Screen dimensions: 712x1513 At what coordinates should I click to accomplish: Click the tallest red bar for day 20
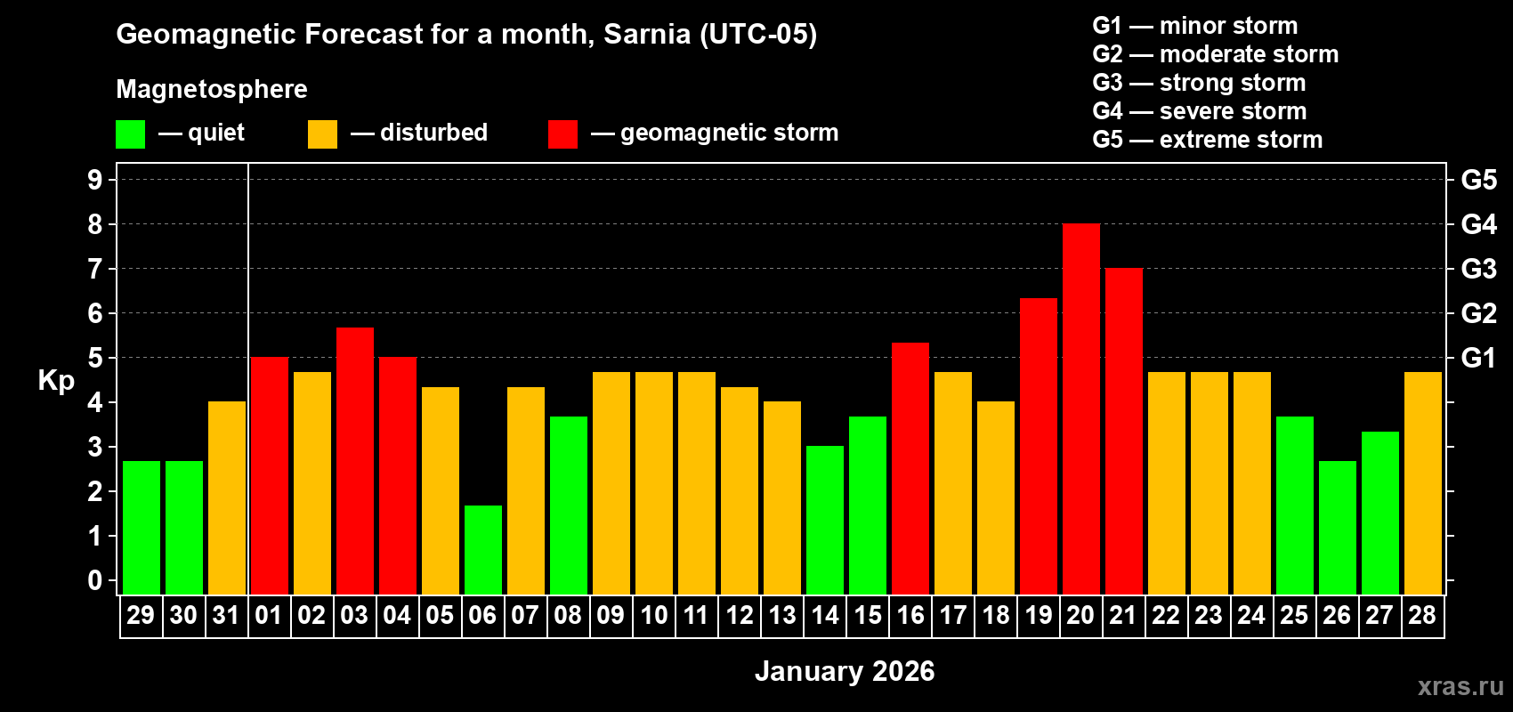click(1080, 409)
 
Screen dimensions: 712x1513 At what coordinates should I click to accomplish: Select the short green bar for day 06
click(482, 549)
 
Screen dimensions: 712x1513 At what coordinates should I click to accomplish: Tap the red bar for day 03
click(354, 460)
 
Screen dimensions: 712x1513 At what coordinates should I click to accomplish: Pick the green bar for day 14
click(824, 520)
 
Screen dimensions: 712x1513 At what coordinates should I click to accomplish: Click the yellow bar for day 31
click(226, 498)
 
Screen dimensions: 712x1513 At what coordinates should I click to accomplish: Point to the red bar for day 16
click(910, 468)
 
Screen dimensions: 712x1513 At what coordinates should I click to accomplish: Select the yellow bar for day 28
click(1422, 482)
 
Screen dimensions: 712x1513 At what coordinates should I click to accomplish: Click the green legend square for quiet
click(130, 134)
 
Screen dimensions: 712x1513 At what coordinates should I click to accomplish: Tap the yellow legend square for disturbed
click(322, 134)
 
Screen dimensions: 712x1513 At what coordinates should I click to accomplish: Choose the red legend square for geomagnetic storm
click(562, 134)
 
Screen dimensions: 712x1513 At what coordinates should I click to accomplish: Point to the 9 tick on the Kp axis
click(95, 180)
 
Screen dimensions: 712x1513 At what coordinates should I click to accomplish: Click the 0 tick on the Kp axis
click(95, 581)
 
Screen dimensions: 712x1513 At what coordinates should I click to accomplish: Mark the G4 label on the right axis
click(1478, 224)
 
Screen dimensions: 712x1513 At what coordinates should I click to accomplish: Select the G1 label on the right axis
click(1478, 358)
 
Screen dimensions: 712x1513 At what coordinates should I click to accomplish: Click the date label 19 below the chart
click(1038, 615)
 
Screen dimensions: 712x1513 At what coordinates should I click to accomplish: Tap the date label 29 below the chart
click(141, 615)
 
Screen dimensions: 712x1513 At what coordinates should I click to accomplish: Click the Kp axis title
click(56, 381)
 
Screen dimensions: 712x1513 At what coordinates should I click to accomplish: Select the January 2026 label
click(844, 671)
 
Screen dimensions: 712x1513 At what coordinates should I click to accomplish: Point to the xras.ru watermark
click(1460, 686)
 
